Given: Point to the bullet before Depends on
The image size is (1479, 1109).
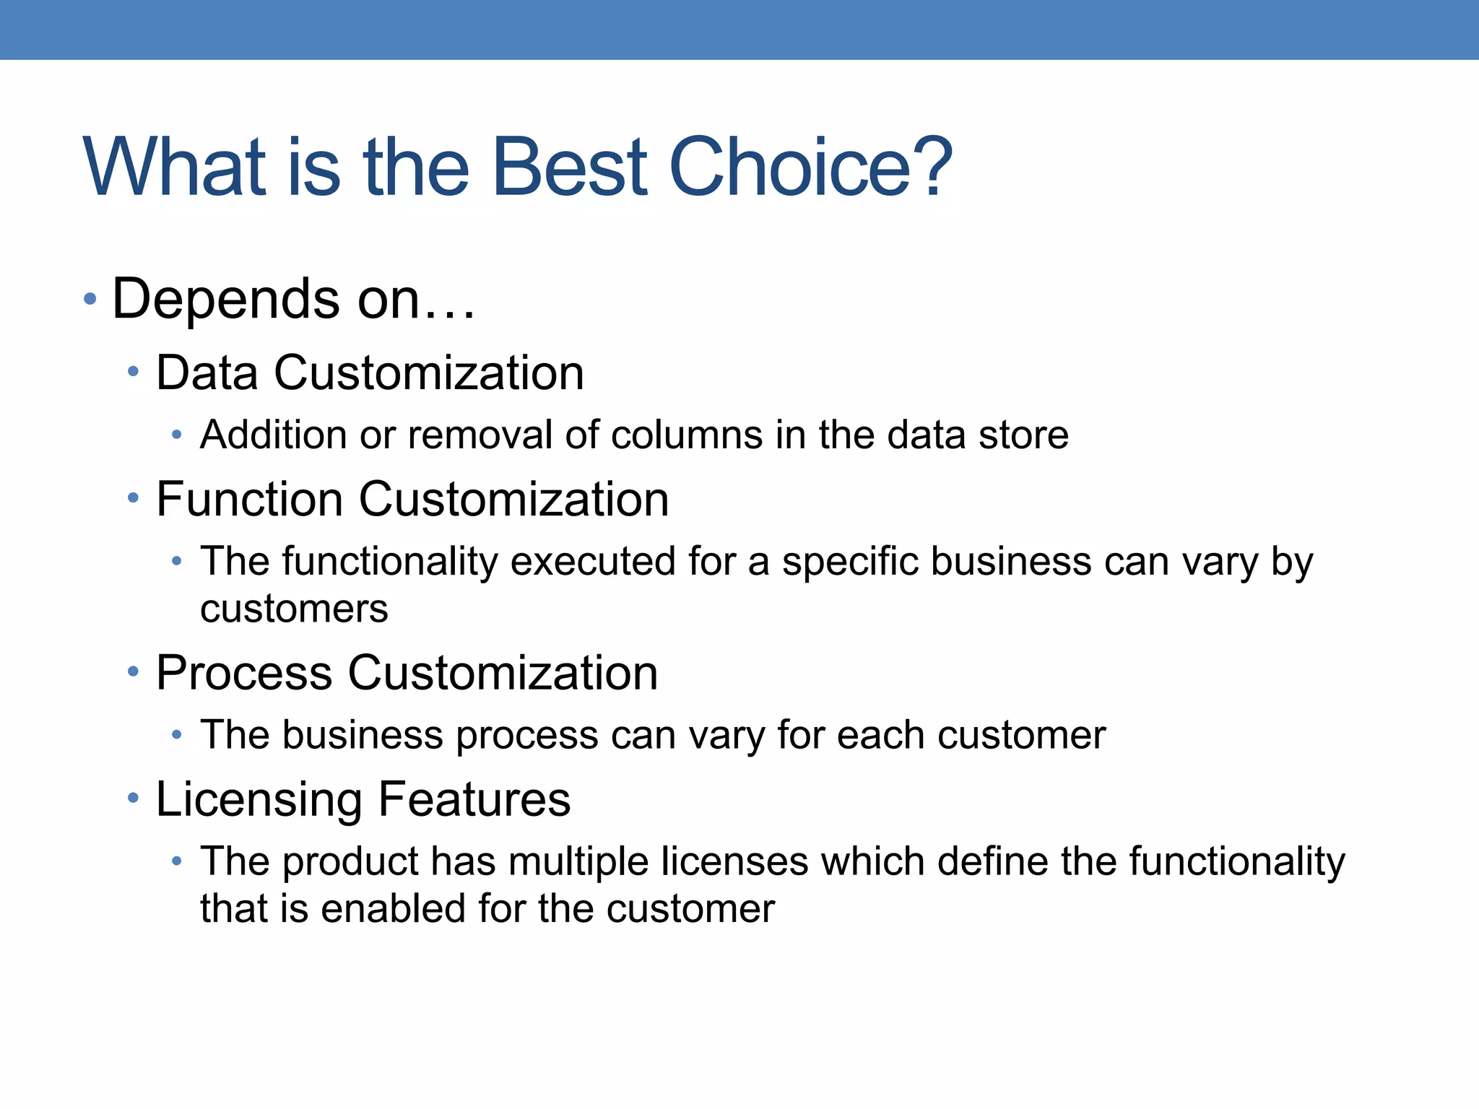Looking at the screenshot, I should click(x=90, y=299).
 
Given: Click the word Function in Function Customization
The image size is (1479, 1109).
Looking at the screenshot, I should click(x=249, y=499).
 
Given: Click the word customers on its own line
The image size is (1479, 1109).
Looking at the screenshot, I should click(x=294, y=609).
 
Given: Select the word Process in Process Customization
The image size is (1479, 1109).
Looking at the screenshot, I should click(x=244, y=673).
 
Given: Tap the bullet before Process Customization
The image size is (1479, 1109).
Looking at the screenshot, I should click(x=133, y=672).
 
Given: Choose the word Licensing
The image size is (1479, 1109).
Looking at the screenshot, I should click(x=259, y=800).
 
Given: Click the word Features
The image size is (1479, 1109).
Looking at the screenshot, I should click(x=474, y=799).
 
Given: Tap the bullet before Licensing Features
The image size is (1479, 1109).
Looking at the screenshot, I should click(x=133, y=799).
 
